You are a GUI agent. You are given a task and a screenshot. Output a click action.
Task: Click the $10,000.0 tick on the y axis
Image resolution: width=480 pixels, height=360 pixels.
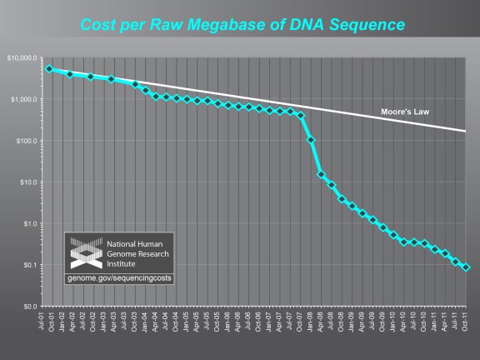coord(22,57)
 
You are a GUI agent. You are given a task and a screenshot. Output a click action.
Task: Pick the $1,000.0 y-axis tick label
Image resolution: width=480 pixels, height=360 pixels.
coord(24,99)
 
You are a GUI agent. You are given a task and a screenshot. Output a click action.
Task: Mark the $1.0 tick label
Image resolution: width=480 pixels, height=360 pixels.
coord(29,223)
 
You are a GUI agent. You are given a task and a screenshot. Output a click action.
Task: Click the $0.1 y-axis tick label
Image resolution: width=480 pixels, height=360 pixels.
coord(29,265)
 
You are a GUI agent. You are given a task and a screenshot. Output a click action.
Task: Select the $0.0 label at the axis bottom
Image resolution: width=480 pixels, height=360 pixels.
coord(29,307)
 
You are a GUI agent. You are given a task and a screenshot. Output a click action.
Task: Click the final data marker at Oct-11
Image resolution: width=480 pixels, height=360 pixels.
coord(466,267)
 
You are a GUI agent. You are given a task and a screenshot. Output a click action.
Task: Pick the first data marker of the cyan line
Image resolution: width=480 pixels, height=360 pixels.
coord(49,69)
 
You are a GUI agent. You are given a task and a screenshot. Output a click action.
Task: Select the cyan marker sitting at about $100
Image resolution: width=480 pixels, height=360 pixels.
coord(311,140)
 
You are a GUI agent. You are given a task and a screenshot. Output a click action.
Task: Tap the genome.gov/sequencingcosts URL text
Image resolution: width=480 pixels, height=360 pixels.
coord(118,277)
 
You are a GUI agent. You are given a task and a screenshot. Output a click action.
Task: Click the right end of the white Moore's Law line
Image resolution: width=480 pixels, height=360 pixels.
coord(465,131)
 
